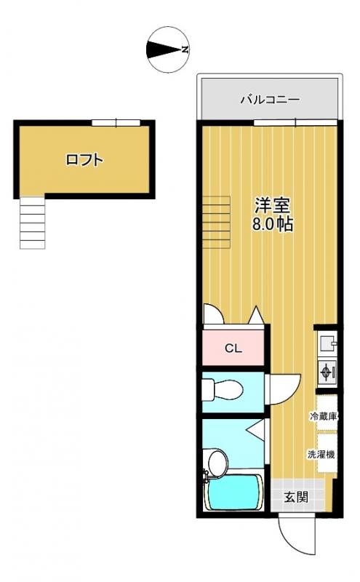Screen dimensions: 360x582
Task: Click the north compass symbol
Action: (x=169, y=49)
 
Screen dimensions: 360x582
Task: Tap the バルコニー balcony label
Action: (x=270, y=100)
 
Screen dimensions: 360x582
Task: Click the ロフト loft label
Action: (x=84, y=160)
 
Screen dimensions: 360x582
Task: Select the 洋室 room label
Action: (x=273, y=204)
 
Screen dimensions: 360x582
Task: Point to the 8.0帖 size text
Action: (x=273, y=224)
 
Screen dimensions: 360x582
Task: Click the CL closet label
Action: (x=233, y=348)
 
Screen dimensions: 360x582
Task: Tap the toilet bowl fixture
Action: (x=223, y=390)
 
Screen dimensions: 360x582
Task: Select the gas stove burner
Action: (x=327, y=372)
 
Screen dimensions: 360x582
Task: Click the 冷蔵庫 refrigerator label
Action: (x=324, y=416)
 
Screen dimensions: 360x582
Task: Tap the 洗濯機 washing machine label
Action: (x=321, y=454)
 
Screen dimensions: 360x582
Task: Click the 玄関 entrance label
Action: (x=296, y=497)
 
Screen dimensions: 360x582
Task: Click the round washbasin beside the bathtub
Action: (x=217, y=463)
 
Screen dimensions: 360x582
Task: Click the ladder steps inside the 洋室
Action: (x=217, y=222)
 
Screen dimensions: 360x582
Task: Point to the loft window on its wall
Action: (x=116, y=122)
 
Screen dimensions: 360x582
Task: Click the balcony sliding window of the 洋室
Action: (x=295, y=122)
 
